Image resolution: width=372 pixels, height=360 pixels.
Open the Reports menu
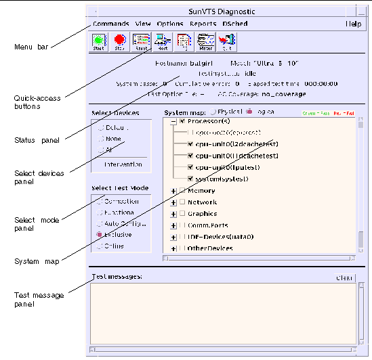point(203,24)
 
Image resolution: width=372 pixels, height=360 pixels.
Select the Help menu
point(354,24)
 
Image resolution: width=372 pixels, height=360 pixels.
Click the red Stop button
point(120,42)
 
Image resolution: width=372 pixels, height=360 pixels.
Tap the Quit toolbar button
point(226,42)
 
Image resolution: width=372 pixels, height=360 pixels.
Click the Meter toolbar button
point(205,42)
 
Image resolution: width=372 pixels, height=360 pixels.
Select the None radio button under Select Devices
point(102,139)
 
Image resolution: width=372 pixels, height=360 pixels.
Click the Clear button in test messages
point(345,278)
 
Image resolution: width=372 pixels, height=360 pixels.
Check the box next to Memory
point(182,191)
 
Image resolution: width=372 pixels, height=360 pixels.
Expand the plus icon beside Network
point(173,202)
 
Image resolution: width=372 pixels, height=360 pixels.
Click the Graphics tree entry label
point(202,214)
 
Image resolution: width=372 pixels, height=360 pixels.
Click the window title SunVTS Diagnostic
point(226,12)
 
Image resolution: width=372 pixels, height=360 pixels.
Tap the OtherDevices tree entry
point(211,248)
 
